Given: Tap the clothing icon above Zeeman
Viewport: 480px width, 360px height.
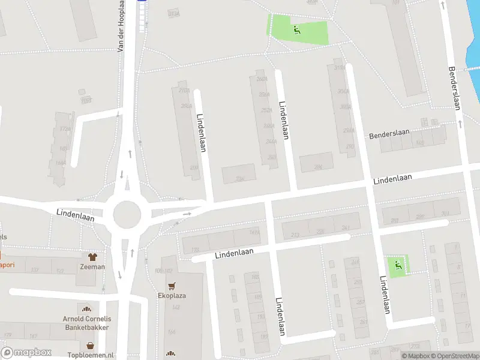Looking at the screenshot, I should click(93, 257).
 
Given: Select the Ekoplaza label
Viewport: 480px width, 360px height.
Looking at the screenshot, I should click(172, 295).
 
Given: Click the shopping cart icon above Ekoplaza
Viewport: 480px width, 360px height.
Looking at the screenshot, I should click(172, 286).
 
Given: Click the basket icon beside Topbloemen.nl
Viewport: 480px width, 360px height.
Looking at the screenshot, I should click(90, 346).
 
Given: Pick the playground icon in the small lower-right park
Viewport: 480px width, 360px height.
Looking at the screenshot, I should click(397, 265).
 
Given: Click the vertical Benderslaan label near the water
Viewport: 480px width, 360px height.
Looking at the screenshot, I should click(454, 87).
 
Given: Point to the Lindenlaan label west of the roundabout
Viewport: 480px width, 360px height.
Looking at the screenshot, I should click(76, 215).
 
